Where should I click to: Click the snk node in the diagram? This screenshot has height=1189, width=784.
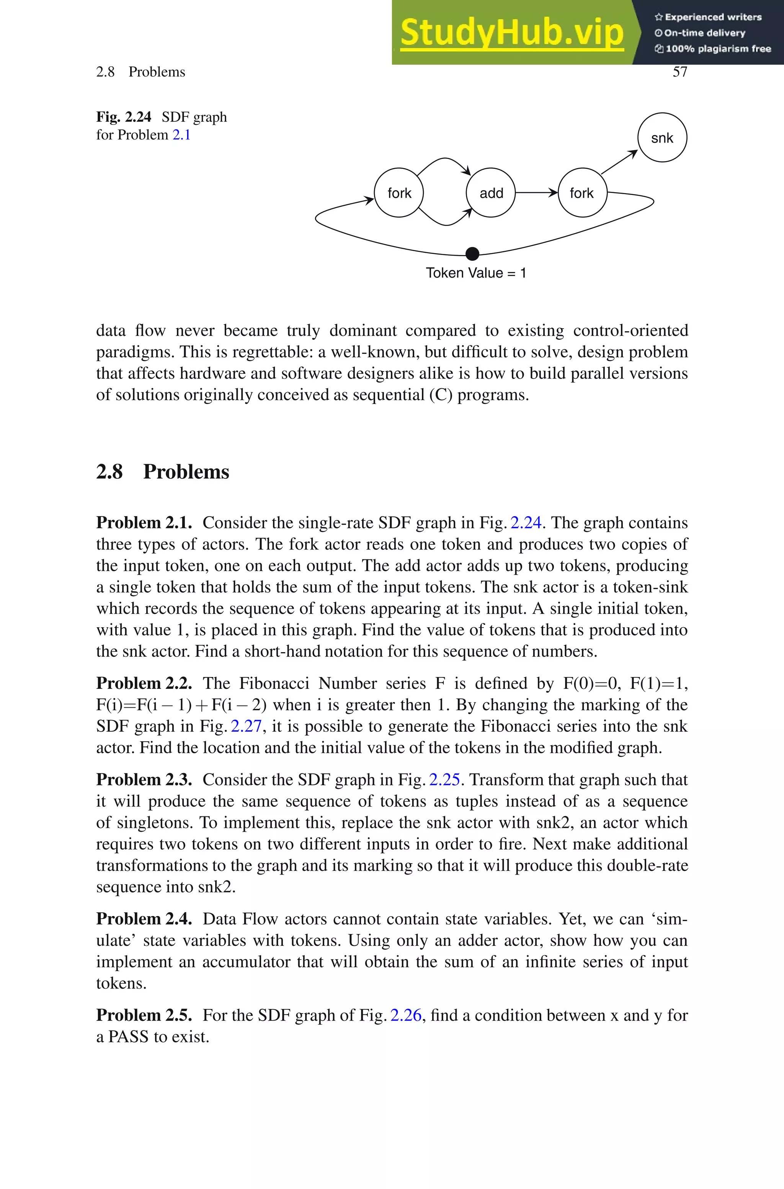pyautogui.click(x=662, y=138)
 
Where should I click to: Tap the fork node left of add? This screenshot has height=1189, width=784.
pyautogui.click(x=399, y=193)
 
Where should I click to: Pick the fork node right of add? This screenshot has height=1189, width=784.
pyautogui.click(x=582, y=193)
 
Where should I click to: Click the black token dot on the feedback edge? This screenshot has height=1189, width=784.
pyautogui.click(x=472, y=254)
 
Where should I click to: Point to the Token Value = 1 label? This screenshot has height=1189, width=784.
pyautogui.click(x=475, y=273)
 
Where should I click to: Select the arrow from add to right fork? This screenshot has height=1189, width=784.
pyautogui.click(x=536, y=193)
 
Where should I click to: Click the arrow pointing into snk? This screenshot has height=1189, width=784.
pyautogui.click(x=619, y=162)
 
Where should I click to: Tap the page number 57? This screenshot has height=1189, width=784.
pyautogui.click(x=679, y=72)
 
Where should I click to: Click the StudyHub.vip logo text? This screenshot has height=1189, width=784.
pyautogui.click(x=511, y=33)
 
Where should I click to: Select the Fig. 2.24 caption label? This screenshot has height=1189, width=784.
pyautogui.click(x=124, y=117)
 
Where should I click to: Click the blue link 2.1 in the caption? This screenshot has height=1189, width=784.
pyautogui.click(x=181, y=135)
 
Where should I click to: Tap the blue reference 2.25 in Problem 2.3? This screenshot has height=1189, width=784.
pyautogui.click(x=444, y=780)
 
